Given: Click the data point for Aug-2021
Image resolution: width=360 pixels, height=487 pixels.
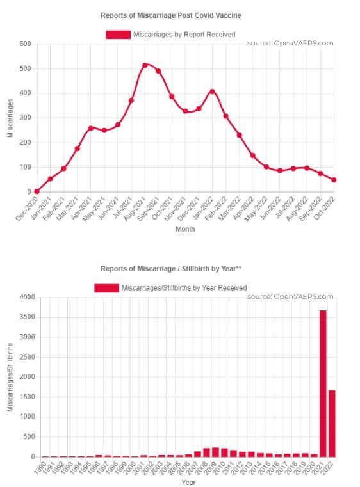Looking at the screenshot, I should (x=145, y=65).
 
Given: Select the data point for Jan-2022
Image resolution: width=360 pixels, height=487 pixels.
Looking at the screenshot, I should (x=212, y=92).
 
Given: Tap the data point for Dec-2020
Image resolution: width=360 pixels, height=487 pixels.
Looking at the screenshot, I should (x=37, y=191).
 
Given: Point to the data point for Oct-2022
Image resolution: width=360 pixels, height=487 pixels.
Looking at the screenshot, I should (x=334, y=180).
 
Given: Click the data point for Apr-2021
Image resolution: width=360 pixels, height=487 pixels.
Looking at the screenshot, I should (x=91, y=128).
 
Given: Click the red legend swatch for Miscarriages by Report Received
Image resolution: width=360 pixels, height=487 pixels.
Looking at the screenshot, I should (x=118, y=34).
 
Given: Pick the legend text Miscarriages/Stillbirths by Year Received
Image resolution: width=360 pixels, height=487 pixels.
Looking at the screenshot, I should (x=184, y=288).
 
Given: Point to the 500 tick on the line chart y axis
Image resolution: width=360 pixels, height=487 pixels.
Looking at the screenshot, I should (x=26, y=68).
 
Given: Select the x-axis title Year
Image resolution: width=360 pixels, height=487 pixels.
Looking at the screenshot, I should (x=188, y=483).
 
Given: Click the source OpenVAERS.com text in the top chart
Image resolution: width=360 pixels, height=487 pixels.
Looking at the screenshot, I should (x=290, y=44).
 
